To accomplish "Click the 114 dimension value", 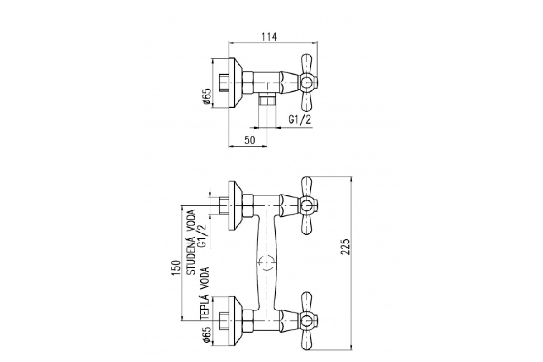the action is tap(269, 37).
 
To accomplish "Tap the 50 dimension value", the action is tap(250, 141).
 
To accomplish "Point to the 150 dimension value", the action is tap(176, 268).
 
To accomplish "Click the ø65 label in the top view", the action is tap(207, 97).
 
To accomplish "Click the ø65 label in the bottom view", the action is tap(207, 334).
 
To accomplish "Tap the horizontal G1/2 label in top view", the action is tap(300, 120).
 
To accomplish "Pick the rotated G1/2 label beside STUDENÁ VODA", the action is tap(202, 236).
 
